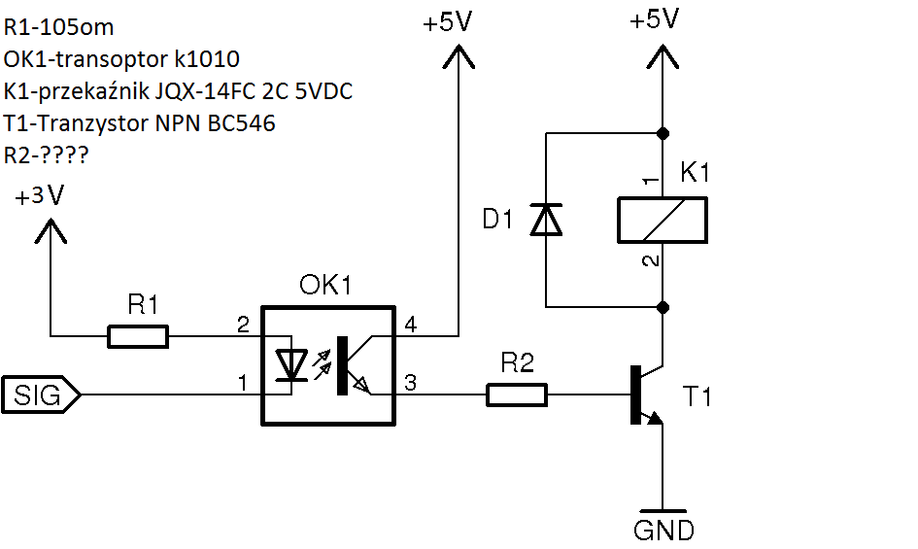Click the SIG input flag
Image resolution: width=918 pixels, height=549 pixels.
[41, 395]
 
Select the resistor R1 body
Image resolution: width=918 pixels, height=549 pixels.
[138, 337]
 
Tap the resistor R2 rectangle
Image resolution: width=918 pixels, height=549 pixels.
[517, 395]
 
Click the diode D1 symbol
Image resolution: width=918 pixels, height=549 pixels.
[546, 220]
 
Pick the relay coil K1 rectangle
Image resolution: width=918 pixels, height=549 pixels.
[663, 221]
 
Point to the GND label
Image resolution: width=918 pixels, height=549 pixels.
[663, 531]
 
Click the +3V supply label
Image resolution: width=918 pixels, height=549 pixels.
[39, 195]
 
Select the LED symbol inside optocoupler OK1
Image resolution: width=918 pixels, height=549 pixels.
[291, 365]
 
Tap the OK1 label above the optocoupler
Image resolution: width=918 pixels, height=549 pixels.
[325, 286]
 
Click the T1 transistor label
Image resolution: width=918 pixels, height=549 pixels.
[697, 396]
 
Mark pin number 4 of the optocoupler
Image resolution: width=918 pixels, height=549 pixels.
[410, 325]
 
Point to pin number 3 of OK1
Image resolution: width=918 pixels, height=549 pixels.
[410, 383]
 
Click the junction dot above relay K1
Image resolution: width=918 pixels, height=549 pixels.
[663, 133]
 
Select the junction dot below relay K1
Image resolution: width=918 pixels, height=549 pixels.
[663, 307]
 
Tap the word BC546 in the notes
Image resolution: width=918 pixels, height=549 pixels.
[241, 123]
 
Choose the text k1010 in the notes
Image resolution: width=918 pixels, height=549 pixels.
[207, 59]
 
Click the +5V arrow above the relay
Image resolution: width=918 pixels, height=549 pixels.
[663, 57]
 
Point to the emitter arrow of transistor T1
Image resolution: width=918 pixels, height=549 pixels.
[654, 417]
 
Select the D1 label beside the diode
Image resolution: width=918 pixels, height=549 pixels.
[497, 220]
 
